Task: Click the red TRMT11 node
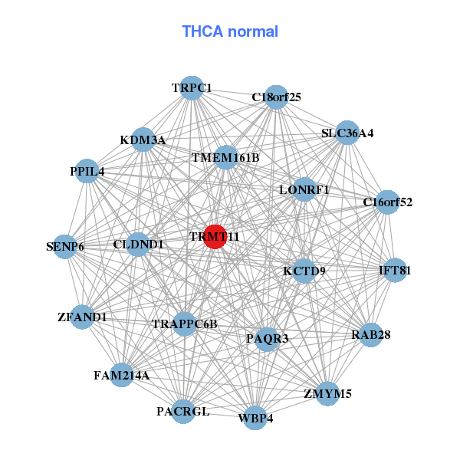[x=215, y=237]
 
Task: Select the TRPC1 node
[x=192, y=88]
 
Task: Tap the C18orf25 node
[x=277, y=97]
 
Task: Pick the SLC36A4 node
[x=347, y=133]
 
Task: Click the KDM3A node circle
[x=143, y=140]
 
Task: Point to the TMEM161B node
[x=225, y=158]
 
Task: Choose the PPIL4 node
[x=87, y=172]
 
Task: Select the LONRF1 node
[x=304, y=189]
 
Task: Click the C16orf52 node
[x=388, y=202]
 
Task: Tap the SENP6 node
[x=65, y=246]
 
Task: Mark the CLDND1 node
[x=138, y=245]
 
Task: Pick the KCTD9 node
[x=304, y=271]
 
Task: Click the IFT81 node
[x=395, y=270]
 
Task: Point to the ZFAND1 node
[x=82, y=317]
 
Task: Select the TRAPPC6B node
[x=185, y=324]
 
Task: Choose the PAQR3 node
[x=267, y=338]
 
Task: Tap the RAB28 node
[x=371, y=334]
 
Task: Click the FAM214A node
[x=122, y=375]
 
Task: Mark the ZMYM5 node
[x=327, y=394]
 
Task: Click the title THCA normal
[x=230, y=31]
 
